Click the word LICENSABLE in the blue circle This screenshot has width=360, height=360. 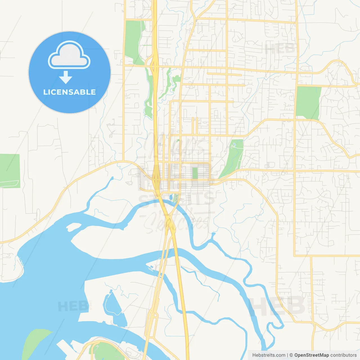click(x=69, y=92)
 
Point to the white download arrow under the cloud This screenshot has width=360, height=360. click(x=66, y=77)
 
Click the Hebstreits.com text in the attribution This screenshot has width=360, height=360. click(x=269, y=355)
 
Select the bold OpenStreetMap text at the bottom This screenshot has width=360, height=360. click(x=311, y=355)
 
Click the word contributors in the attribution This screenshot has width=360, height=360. click(x=343, y=355)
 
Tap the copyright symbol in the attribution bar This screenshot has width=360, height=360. click(x=291, y=355)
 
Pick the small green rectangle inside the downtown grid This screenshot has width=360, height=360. click(x=195, y=173)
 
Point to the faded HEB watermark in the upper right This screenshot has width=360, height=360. click(x=280, y=49)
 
